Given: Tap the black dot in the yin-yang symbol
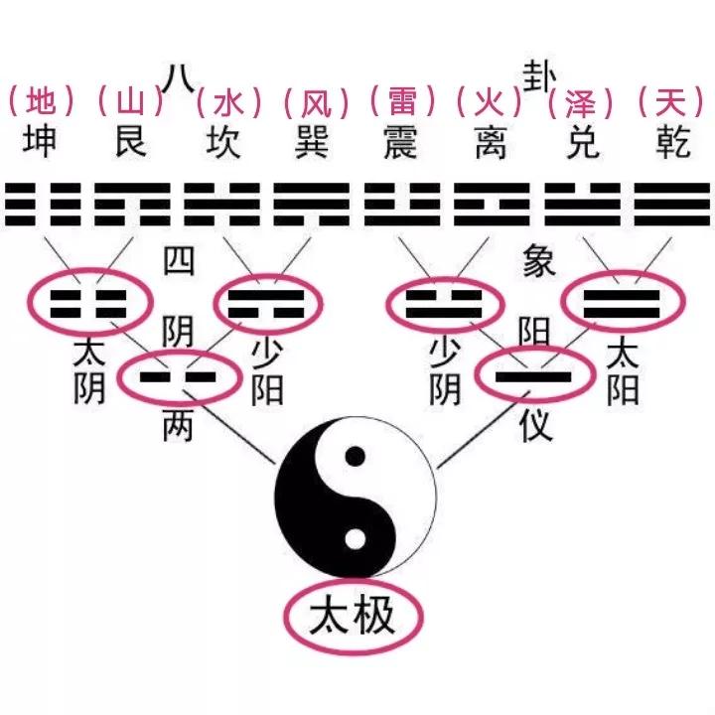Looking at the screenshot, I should click(354, 459).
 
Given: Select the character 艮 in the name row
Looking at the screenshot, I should click(130, 141).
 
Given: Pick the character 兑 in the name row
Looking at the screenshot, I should click(575, 141).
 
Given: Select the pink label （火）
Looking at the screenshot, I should click(488, 101).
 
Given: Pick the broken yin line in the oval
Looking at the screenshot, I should click(179, 376).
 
